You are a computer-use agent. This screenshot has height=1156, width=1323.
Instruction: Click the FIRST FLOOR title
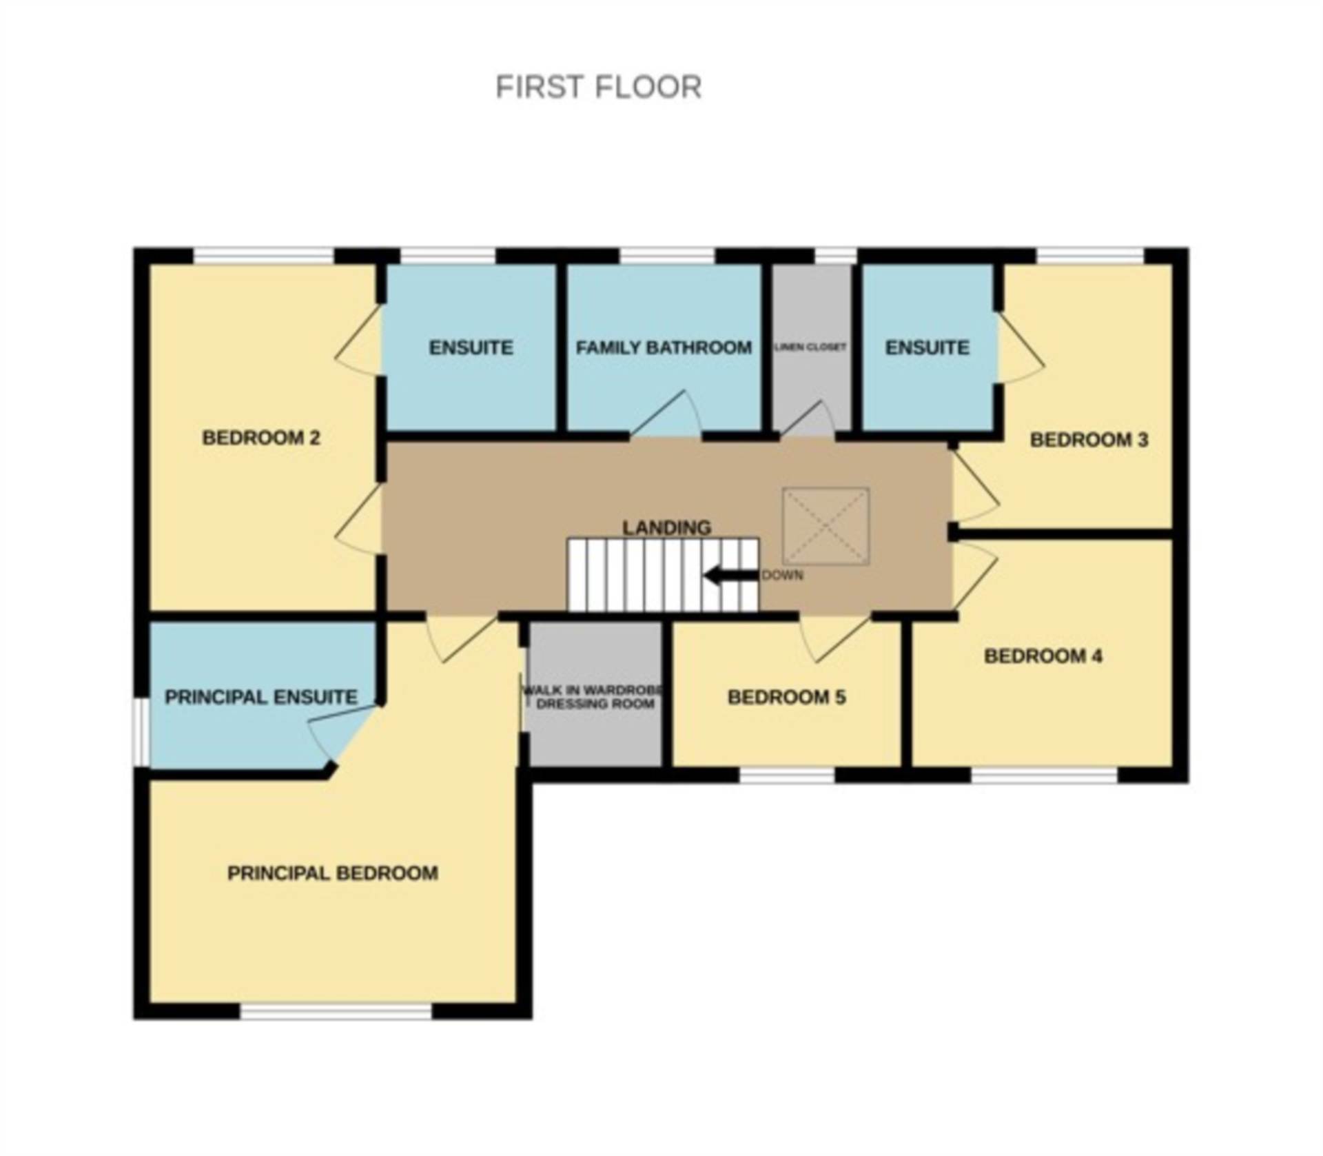598,88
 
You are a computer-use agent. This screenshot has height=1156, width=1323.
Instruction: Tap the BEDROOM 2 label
261,438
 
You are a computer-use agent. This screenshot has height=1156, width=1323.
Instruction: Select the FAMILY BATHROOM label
664,347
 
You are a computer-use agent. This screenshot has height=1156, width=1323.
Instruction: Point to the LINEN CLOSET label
810,347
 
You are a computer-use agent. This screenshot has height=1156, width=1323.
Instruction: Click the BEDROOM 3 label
1089,440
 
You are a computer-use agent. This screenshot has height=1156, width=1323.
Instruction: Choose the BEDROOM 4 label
1043,656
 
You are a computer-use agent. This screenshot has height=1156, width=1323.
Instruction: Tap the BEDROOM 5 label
786,697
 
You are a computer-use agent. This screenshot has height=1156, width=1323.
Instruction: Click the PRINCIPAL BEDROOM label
333,873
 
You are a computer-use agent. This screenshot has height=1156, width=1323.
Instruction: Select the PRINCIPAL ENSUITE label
261,697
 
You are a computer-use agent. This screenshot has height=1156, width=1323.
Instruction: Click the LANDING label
666,527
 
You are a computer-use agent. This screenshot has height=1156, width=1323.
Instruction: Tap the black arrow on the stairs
730,576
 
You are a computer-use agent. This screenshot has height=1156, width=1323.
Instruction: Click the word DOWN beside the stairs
783,576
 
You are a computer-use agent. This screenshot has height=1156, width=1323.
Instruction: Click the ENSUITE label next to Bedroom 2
471,347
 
